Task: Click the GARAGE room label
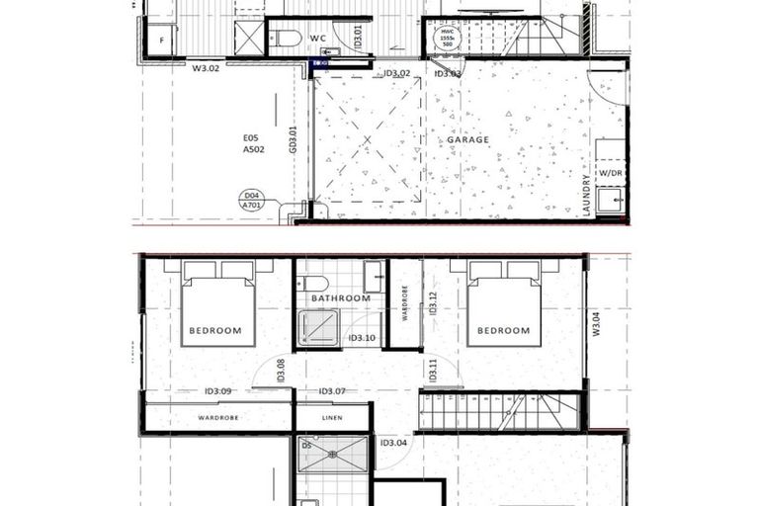pyautogui.click(x=467, y=139)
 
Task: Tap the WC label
pyautogui.click(x=318, y=39)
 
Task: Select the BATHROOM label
pyautogui.click(x=340, y=297)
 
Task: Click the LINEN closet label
pyautogui.click(x=332, y=418)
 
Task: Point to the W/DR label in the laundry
pyautogui.click(x=611, y=173)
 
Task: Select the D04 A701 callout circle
pyautogui.click(x=253, y=201)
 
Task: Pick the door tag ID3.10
pyautogui.click(x=362, y=338)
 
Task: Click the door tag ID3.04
pyautogui.click(x=392, y=442)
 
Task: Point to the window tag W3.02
pyautogui.click(x=206, y=69)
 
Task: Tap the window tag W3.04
pyautogui.click(x=596, y=324)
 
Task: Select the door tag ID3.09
pyautogui.click(x=217, y=391)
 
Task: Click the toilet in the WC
pyautogui.click(x=287, y=39)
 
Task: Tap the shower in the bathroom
pyautogui.click(x=318, y=328)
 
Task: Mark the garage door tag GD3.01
pyautogui.click(x=293, y=138)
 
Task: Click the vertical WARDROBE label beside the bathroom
pyautogui.click(x=405, y=303)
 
